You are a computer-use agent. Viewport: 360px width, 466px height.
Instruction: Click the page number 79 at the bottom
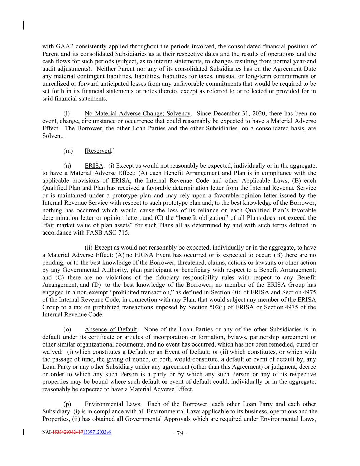pyautogui.click(x=180, y=434)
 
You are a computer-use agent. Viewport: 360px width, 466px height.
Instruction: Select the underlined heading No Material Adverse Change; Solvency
pyautogui.click(x=137, y=114)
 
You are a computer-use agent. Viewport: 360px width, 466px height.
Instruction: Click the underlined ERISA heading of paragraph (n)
pyautogui.click(x=94, y=166)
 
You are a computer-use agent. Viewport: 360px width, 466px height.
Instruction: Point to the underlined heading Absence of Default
pyautogui.click(x=111, y=330)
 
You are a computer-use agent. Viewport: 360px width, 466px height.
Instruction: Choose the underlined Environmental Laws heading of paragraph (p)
pyautogui.click(x=112, y=404)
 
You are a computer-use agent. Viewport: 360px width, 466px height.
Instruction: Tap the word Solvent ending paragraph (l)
pyautogui.click(x=53, y=136)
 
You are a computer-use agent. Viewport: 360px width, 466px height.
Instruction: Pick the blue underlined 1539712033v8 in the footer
pyautogui.click(x=97, y=432)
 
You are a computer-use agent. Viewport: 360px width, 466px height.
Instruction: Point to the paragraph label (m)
pyautogui.click(x=68, y=151)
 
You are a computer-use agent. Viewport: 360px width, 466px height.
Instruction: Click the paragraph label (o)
pyautogui.click(x=67, y=330)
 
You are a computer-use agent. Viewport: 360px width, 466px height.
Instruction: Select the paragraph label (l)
pyautogui.click(x=67, y=114)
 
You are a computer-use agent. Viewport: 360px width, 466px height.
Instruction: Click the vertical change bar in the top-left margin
pyautogui.click(x=23, y=25)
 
